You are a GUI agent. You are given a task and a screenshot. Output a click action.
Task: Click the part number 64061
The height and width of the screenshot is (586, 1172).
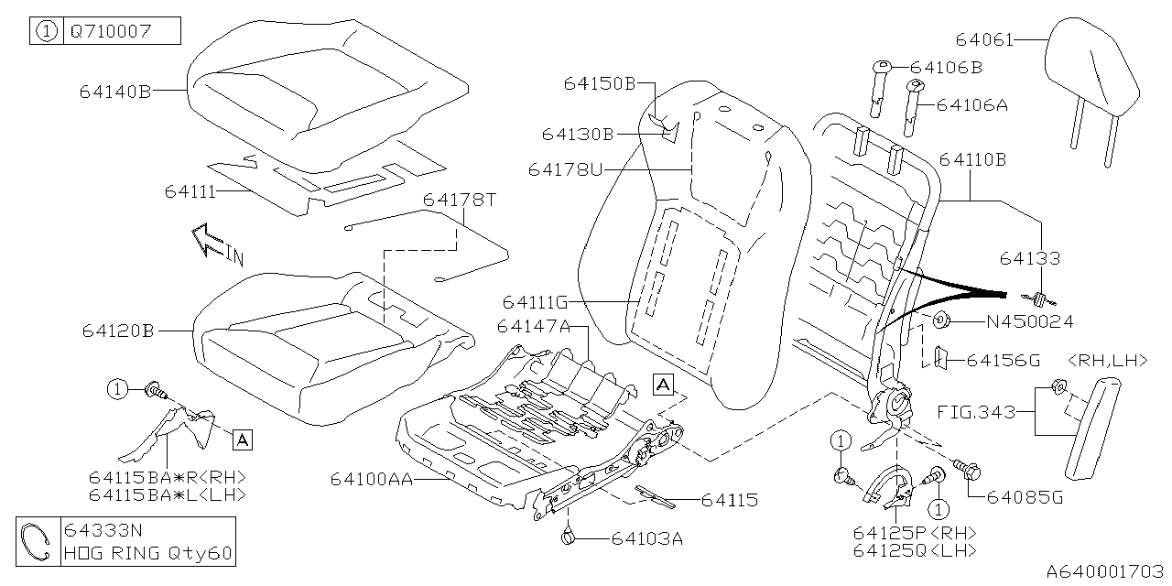[x=985, y=39]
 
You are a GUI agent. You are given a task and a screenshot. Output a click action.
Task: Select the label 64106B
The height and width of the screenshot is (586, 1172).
[x=947, y=68]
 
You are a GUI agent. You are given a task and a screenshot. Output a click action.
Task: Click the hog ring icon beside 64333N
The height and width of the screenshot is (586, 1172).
[x=38, y=542]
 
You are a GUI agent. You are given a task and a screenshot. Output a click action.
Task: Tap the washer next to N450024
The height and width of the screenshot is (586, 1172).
[x=940, y=320]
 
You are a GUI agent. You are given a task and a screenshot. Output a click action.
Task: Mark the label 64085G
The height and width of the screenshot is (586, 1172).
[x=1025, y=498]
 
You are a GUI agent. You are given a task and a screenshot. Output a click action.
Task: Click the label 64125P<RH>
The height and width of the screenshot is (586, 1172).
[x=914, y=533]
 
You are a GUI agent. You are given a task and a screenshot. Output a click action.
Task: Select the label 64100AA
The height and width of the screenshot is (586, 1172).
[x=372, y=480]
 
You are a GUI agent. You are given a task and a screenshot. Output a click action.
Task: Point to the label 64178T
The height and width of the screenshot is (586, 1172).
[x=459, y=200]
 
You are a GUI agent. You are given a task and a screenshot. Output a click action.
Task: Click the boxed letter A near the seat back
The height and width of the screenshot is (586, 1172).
[x=663, y=383]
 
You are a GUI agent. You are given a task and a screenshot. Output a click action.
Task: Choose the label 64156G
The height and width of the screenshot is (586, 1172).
[x=1004, y=361]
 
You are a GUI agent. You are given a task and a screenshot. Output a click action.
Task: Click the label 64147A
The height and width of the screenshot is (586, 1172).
[x=535, y=327]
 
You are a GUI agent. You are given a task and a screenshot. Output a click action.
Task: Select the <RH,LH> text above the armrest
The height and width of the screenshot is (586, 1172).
[x=1108, y=361]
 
